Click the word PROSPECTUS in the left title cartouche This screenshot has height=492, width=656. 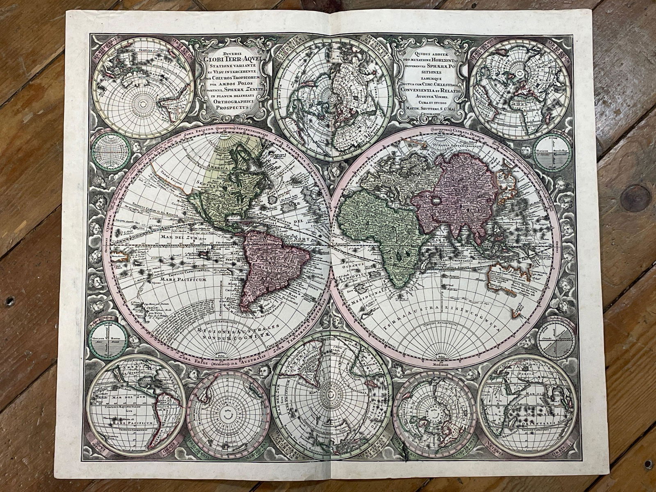click(x=232, y=108)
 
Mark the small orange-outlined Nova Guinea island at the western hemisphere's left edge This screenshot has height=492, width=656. click(x=121, y=257)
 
